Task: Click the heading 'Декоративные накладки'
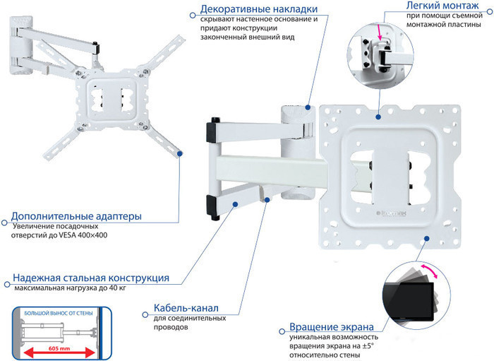coord(258,9)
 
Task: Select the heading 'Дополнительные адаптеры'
coord(76,215)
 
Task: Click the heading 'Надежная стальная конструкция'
coord(90,278)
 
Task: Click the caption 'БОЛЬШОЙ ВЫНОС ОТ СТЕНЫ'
coord(58,312)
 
